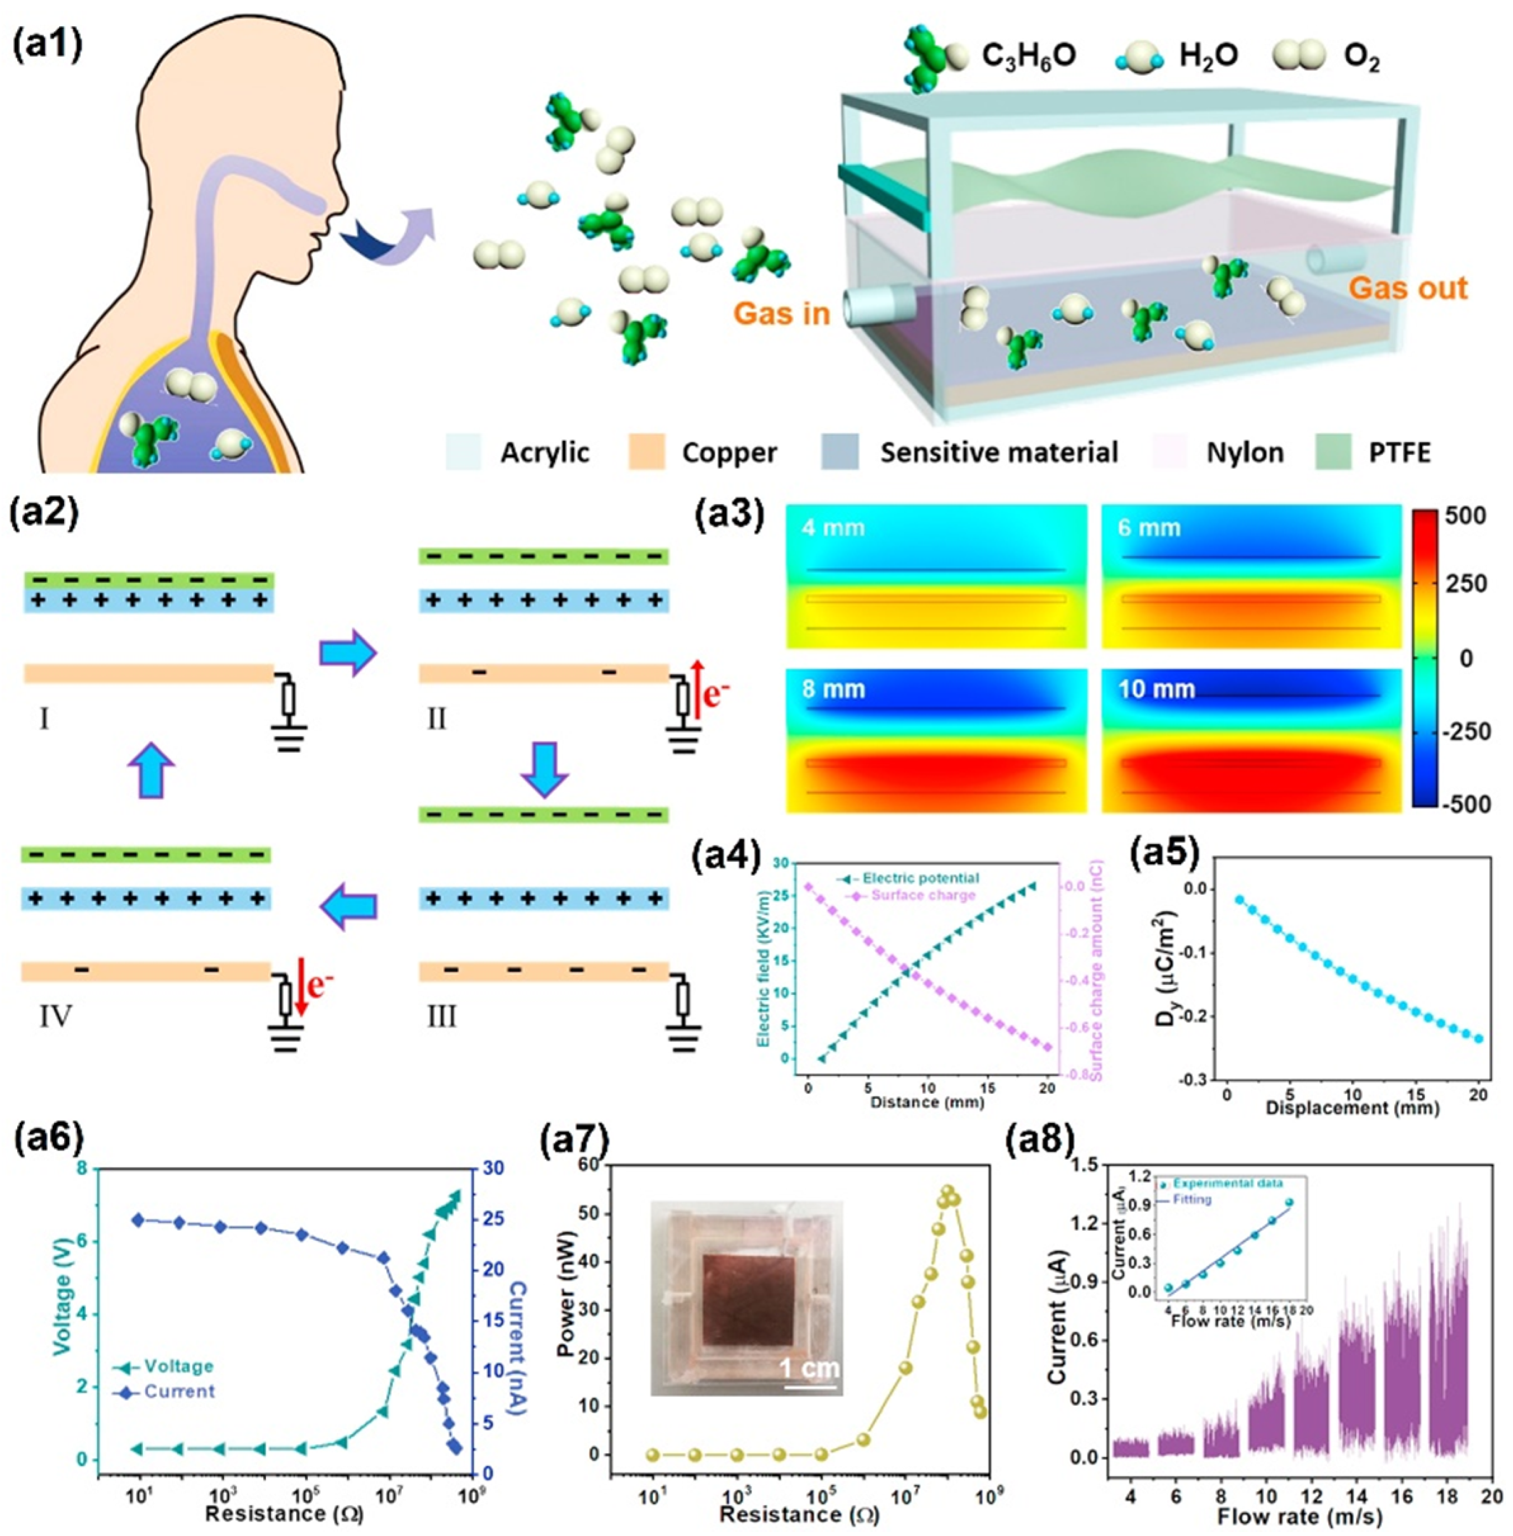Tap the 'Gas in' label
coord(782,313)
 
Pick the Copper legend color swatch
coord(646,453)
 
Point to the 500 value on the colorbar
coord(1467,516)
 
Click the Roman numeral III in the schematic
coord(441,1016)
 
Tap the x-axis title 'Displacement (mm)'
coord(1352,1107)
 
